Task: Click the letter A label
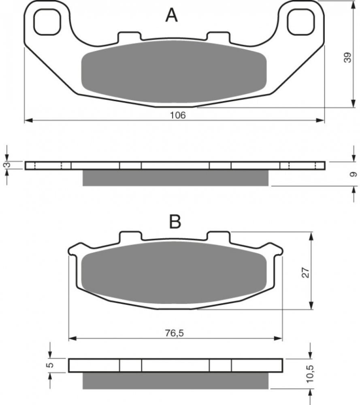pyautogui.click(x=171, y=15)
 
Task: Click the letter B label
pyautogui.click(x=175, y=222)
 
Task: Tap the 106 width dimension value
pyautogui.click(x=178, y=115)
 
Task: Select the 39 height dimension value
pyautogui.click(x=348, y=58)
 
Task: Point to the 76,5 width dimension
pyautogui.click(x=175, y=333)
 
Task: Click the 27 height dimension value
pyautogui.click(x=305, y=273)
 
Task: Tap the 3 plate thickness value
pyautogui.click(x=8, y=164)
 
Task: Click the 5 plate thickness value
pyautogui.click(x=51, y=364)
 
